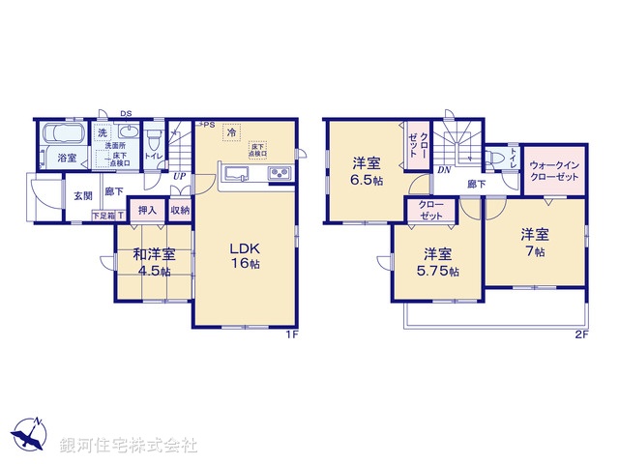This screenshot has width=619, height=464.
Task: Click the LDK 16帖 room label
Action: pos(245,254)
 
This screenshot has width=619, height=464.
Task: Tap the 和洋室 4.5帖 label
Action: pos(154,263)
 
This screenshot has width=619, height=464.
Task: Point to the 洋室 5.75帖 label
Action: pos(439,262)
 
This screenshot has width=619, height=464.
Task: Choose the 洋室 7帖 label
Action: pos(535,242)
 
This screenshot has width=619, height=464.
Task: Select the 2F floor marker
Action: pos(581,334)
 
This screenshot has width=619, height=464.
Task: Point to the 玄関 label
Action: pos(81,195)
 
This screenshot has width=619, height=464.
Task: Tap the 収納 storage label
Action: pos(180,210)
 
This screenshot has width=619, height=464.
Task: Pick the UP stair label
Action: pos(180,177)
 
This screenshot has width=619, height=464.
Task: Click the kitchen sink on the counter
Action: pos(236,174)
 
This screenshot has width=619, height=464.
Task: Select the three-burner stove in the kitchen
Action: pos(279,174)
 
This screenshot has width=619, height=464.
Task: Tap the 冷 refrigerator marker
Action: pos(231,131)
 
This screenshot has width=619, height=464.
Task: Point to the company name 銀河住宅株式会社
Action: pos(129,446)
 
